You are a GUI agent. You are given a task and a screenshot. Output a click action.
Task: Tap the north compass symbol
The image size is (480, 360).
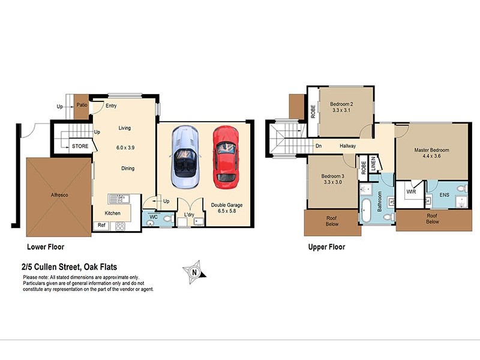pyautogui.click(x=195, y=271)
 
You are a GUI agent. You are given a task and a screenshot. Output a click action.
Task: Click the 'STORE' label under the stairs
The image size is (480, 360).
pyautogui.click(x=80, y=146)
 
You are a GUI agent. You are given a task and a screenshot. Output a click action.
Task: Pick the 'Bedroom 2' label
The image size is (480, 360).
pyautogui.click(x=342, y=104)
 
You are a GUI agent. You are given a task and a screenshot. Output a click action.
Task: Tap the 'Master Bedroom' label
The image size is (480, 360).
pyautogui.click(x=431, y=150)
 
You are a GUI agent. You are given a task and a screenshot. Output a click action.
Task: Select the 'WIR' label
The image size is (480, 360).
pyautogui.click(x=411, y=192)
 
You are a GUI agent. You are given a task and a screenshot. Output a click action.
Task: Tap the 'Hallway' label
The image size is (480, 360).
pyautogui.click(x=348, y=146)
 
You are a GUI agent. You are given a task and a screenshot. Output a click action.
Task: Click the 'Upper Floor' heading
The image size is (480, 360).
pyautogui.click(x=326, y=247)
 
